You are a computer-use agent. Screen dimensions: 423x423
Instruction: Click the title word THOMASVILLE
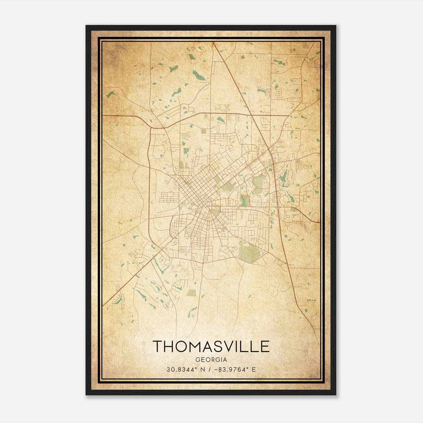[x=211, y=346]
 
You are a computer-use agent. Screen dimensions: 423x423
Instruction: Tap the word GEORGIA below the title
[x=211, y=360]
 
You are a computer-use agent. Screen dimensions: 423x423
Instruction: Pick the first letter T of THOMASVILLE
[x=158, y=346]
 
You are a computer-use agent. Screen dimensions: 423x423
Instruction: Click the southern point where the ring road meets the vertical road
[x=203, y=263]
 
